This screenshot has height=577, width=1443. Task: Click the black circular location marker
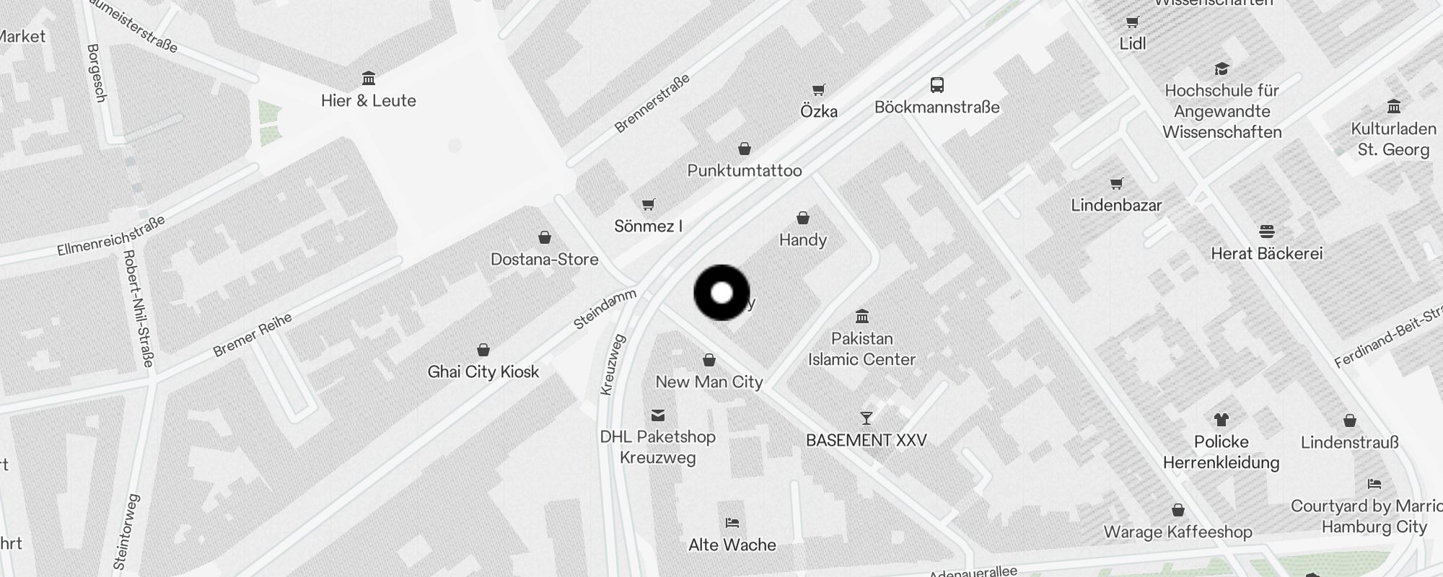pyautogui.click(x=721, y=293)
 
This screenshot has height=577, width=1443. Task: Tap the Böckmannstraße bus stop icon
pyautogui.click(x=937, y=85)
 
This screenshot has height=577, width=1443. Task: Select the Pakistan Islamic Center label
pyautogui.click(x=861, y=349)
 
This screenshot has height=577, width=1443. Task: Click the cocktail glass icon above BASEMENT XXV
pyautogui.click(x=866, y=418)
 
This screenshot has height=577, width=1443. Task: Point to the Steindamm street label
pyautogui.click(x=605, y=309)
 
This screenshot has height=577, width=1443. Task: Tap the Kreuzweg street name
pyautogui.click(x=613, y=364)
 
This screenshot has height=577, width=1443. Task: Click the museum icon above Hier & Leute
pyautogui.click(x=369, y=78)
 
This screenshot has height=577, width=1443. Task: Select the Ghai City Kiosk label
pyautogui.click(x=483, y=372)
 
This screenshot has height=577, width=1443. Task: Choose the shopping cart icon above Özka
pyautogui.click(x=818, y=90)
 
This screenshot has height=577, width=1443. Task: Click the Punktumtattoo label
pyautogui.click(x=744, y=171)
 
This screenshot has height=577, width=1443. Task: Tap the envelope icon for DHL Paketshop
pyautogui.click(x=657, y=415)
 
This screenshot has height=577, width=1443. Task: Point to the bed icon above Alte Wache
pyautogui.click(x=732, y=523)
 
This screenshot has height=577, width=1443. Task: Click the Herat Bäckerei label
pyautogui.click(x=1266, y=254)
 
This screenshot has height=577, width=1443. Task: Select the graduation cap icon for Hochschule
pyautogui.click(x=1221, y=69)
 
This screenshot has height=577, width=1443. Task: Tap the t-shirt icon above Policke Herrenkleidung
pyautogui.click(x=1221, y=420)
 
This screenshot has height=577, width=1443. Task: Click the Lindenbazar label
pyautogui.click(x=1116, y=206)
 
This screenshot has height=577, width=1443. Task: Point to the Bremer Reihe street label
pyautogui.click(x=252, y=335)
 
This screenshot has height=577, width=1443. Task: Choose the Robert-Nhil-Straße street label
pyautogui.click(x=138, y=308)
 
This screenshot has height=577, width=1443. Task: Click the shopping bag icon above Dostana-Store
pyautogui.click(x=545, y=237)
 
